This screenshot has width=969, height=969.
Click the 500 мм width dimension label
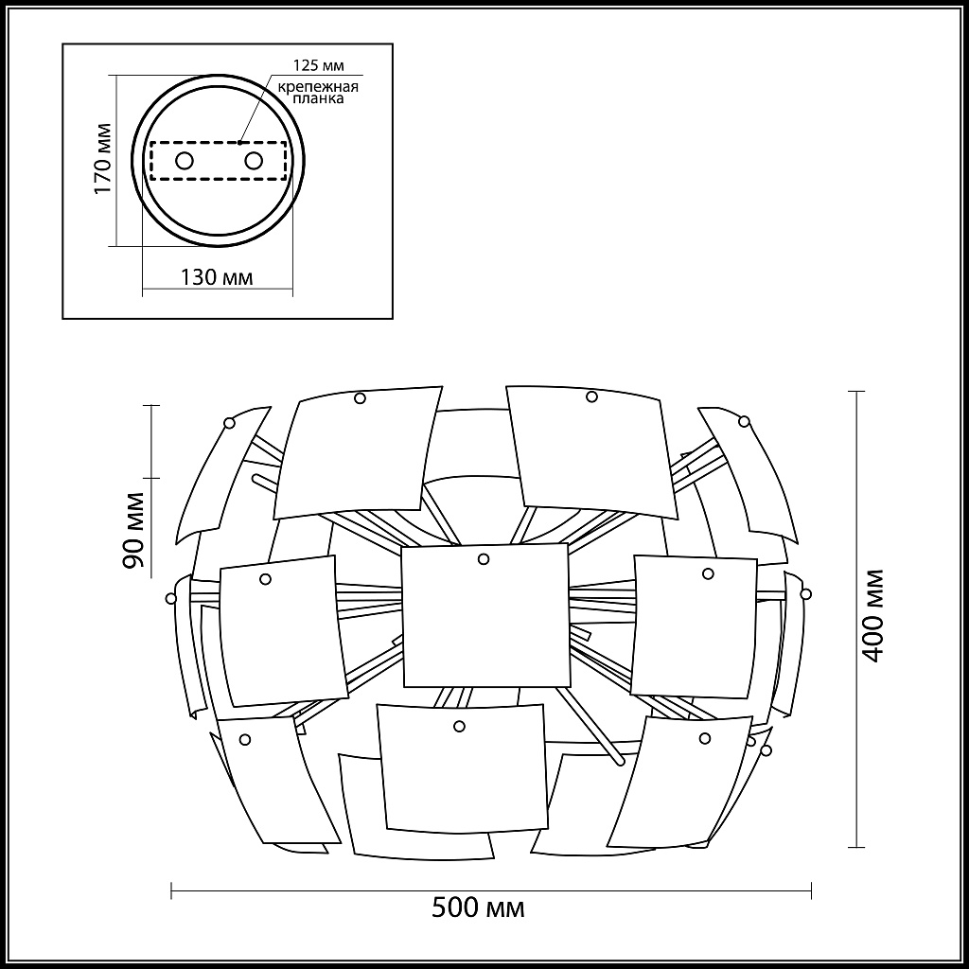tap(478, 908)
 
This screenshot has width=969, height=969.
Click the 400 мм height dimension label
tap(874, 615)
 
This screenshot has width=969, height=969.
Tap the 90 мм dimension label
tap(133, 531)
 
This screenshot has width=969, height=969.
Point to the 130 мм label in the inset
tap(216, 277)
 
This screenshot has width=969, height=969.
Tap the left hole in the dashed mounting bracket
tap(185, 160)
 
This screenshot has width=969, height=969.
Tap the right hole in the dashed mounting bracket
tap(253, 160)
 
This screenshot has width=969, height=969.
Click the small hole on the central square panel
tap(484, 559)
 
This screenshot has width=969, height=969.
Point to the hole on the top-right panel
tap(591, 396)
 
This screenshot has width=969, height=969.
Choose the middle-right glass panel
tap(695, 626)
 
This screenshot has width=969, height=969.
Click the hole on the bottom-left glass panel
tap(245, 739)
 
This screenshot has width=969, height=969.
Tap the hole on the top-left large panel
tap(360, 398)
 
